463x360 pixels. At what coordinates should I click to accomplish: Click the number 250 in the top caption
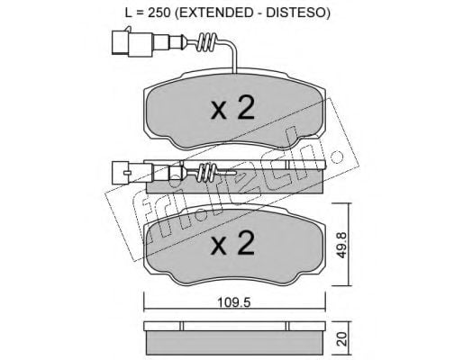[x=158, y=13]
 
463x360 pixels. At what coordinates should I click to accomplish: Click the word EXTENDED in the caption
[x=213, y=13]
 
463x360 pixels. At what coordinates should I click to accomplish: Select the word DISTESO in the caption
[x=296, y=13]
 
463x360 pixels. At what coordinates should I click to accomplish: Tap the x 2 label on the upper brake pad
[x=232, y=109]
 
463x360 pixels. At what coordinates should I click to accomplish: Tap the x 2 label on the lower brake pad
[x=232, y=244]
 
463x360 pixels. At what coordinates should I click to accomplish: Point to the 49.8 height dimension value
[x=342, y=245]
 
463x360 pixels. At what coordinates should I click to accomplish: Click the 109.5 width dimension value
[x=233, y=303]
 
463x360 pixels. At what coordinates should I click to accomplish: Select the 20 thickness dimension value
[x=342, y=338]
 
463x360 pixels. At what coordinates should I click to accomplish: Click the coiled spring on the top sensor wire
[x=207, y=42]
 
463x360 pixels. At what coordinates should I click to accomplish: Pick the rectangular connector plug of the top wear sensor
[x=132, y=43]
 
